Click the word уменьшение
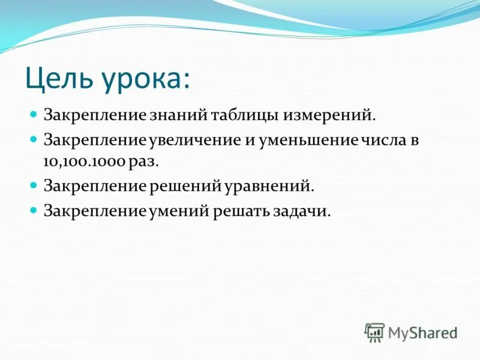click(x=306, y=140)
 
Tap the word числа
click(x=382, y=140)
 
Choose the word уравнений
click(x=269, y=187)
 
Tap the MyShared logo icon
click(x=374, y=332)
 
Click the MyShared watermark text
click(x=423, y=332)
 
